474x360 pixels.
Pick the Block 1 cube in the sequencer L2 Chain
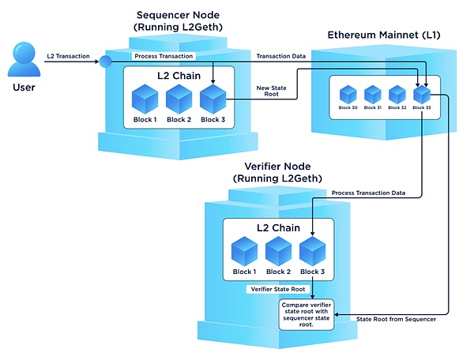[x=145, y=99]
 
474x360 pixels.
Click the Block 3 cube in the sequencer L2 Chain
[x=213, y=99]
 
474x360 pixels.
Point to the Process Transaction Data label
[x=368, y=193]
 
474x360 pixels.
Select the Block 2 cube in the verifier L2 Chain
[x=278, y=251]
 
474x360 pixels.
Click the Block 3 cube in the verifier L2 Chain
[x=313, y=251]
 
